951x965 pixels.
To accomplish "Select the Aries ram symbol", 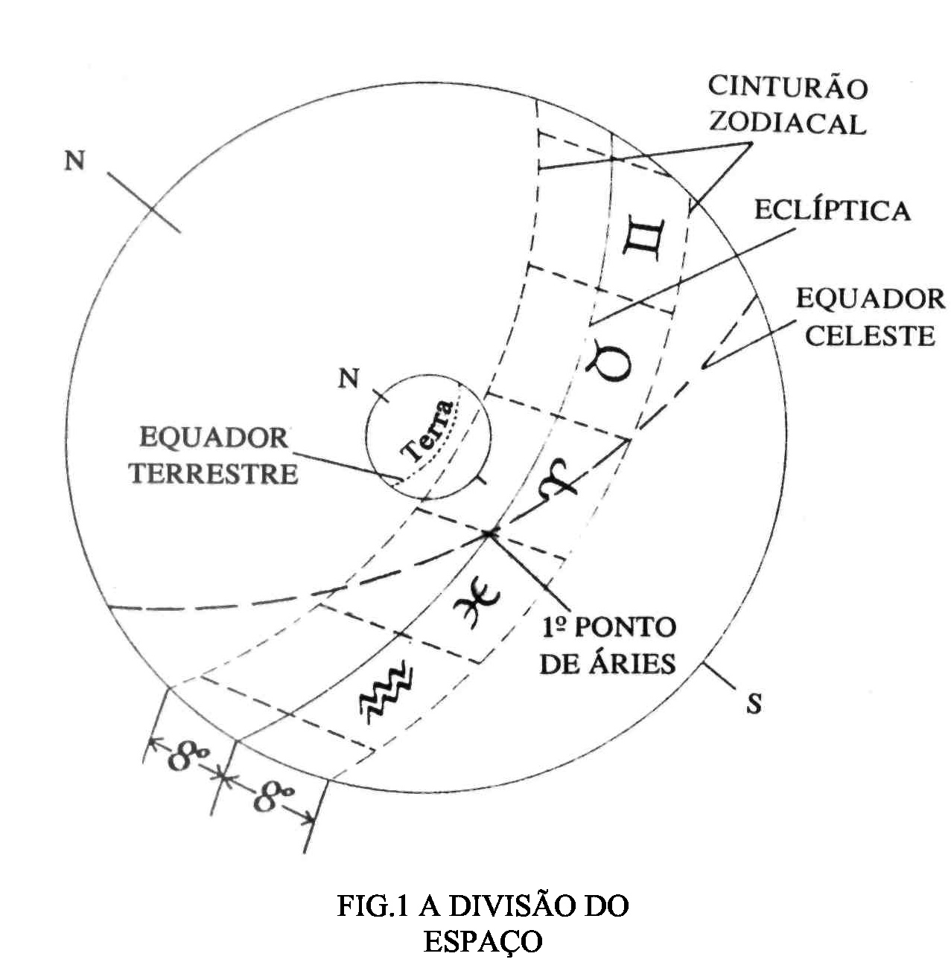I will (x=560, y=478).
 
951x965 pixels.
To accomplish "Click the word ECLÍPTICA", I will (x=832, y=211).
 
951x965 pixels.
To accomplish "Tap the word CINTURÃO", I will (x=788, y=87).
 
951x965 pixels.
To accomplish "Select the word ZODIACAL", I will (x=788, y=123).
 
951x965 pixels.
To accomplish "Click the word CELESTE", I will (x=870, y=336).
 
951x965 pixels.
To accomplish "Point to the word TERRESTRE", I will (x=214, y=474).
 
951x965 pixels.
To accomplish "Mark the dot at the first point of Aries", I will (x=488, y=533).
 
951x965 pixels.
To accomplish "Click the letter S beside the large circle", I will (x=754, y=703).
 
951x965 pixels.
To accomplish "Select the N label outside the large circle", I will (x=74, y=160).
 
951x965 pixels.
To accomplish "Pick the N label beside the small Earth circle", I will (x=349, y=379).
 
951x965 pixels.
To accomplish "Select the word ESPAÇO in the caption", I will (x=483, y=941).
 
